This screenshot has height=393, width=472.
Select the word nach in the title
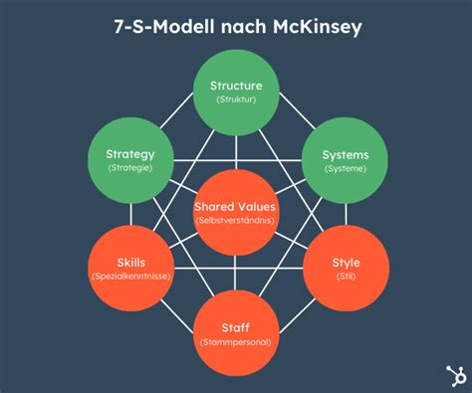[232, 27]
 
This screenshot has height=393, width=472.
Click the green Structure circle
[235, 92]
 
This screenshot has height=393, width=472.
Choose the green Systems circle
[345, 160]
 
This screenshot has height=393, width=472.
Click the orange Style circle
[345, 268]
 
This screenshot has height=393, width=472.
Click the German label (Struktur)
[235, 99]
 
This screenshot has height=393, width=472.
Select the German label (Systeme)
[345, 169]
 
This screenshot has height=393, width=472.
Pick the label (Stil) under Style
[345, 276]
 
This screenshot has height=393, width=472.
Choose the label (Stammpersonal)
[235, 342]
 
